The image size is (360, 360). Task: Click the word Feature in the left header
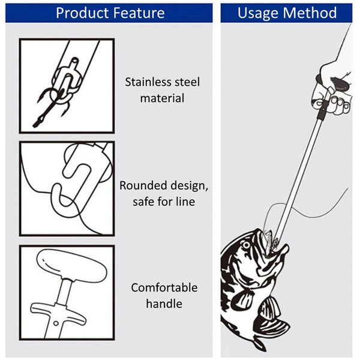140,13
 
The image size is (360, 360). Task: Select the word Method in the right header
313,13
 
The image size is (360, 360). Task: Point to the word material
162,97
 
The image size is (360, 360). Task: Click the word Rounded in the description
143,186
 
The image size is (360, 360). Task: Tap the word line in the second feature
184,201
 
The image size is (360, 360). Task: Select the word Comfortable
164,287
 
